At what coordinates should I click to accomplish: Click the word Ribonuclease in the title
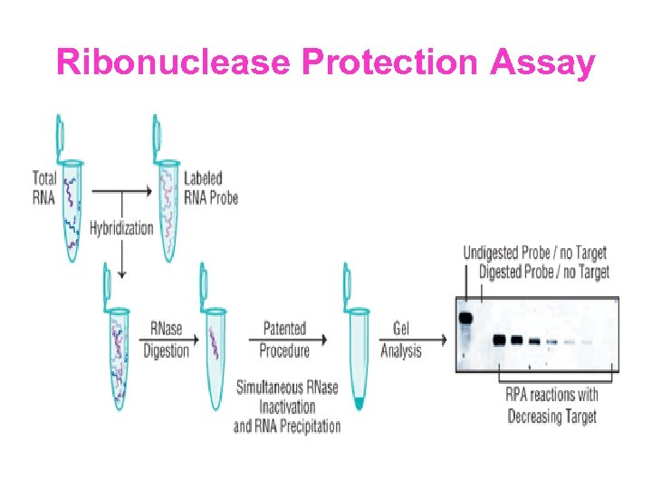173,63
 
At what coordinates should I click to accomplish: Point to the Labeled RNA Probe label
210,187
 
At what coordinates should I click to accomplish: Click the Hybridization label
121,228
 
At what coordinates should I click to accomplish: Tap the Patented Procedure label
284,339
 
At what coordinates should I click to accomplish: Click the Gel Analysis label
400,339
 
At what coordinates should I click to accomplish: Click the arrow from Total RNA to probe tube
121,191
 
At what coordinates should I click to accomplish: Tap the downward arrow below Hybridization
121,258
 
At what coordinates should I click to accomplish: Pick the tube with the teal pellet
358,344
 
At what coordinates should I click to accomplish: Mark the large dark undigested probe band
466,318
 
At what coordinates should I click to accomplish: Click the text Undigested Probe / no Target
534,252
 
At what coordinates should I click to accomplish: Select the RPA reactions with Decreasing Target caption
552,406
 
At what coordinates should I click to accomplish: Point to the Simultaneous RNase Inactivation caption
287,407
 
